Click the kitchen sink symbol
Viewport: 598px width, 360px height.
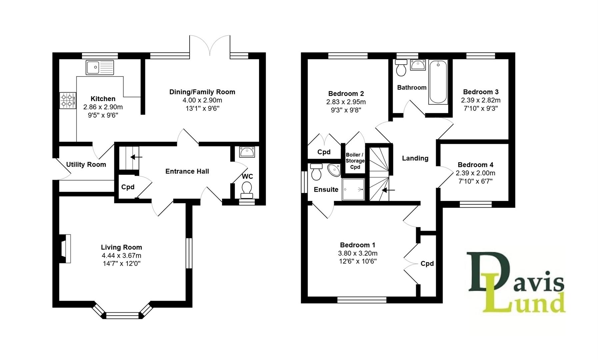click(x=100, y=67)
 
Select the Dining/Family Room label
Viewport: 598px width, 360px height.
click(x=202, y=92)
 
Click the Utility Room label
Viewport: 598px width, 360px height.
click(x=86, y=164)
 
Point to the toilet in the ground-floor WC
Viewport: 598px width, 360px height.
click(x=247, y=190)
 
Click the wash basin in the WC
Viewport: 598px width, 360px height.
click(x=247, y=152)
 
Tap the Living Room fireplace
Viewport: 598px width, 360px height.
click(x=65, y=249)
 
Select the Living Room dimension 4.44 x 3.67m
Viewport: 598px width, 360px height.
click(x=122, y=256)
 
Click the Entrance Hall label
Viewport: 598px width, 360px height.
click(x=187, y=171)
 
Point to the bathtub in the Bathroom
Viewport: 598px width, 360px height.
click(x=438, y=82)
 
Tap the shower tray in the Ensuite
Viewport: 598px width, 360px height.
click(x=353, y=189)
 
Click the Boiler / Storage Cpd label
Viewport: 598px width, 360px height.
click(x=355, y=161)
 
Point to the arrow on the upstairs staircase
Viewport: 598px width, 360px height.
click(x=388, y=190)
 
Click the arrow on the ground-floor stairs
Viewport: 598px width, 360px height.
click(x=136, y=157)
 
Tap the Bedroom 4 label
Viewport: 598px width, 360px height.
click(x=475, y=165)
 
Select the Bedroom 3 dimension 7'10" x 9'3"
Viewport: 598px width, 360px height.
click(x=480, y=108)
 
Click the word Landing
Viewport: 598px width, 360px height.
click(x=415, y=158)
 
